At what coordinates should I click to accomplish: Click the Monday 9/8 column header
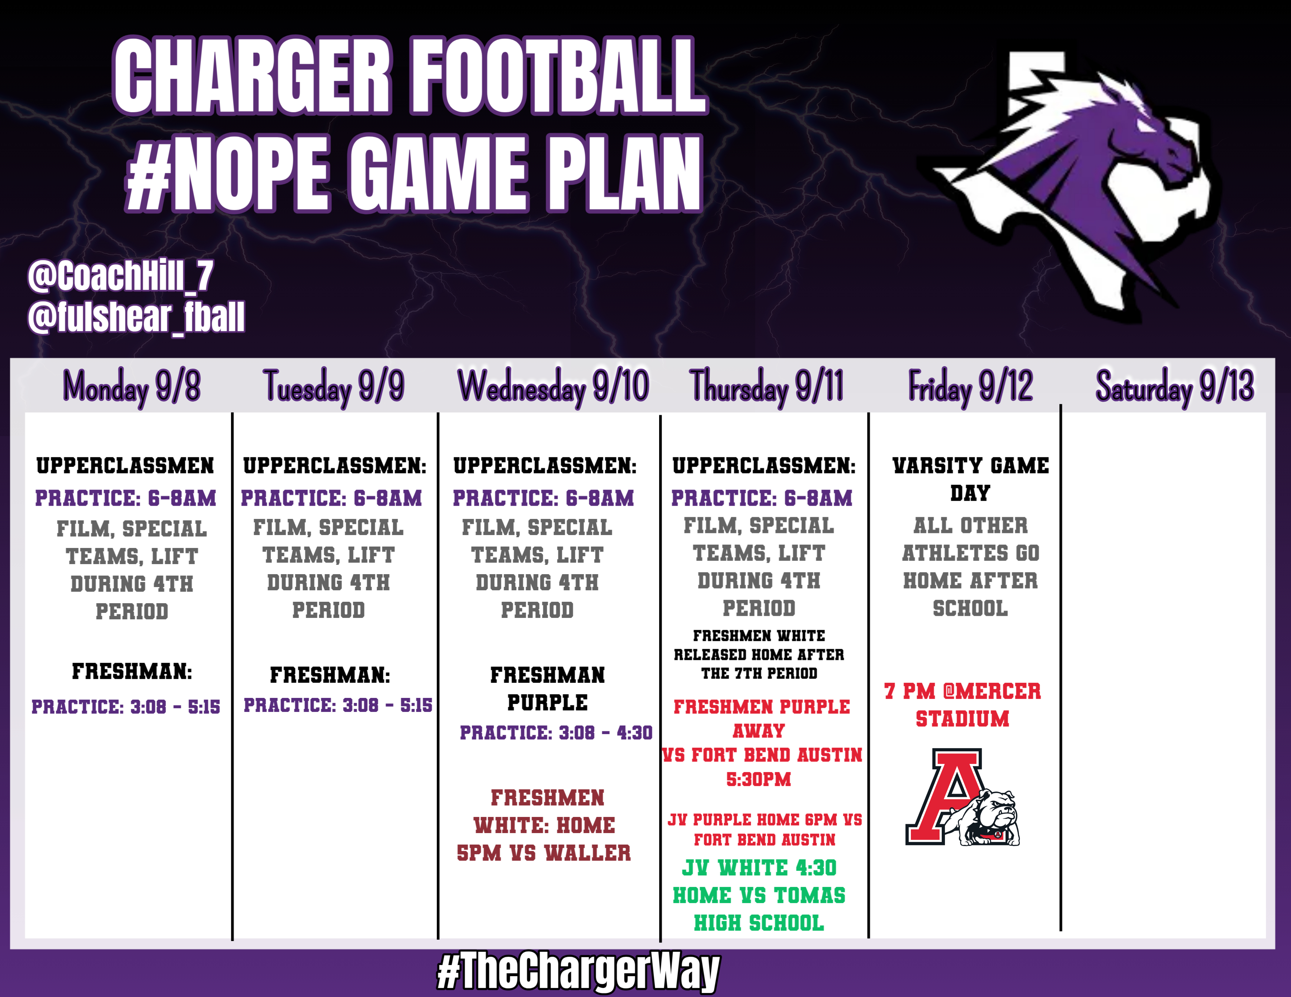pyautogui.click(x=131, y=387)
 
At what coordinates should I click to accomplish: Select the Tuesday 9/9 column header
pyautogui.click(x=334, y=387)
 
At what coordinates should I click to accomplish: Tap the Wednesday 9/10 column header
pyautogui.click(x=553, y=387)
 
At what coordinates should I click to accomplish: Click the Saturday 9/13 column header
pyautogui.click(x=1174, y=387)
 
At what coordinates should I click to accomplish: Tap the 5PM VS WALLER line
pyautogui.click(x=544, y=853)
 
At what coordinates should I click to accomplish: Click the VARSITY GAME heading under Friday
pyautogui.click(x=971, y=466)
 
